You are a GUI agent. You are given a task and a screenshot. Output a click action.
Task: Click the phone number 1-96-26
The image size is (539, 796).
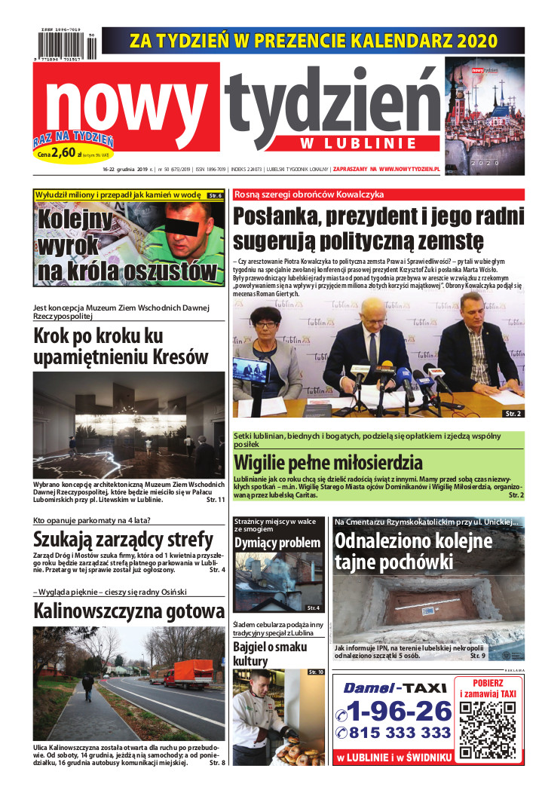point(394,709)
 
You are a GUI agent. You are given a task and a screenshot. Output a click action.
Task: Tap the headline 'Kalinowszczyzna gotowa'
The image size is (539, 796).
point(129,611)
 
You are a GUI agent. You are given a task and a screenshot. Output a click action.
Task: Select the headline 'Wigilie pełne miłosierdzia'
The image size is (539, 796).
point(328,462)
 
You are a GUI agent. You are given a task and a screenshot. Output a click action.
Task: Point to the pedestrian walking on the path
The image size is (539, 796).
point(88,687)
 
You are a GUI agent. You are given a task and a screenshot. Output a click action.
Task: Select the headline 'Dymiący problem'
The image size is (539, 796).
point(277,543)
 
